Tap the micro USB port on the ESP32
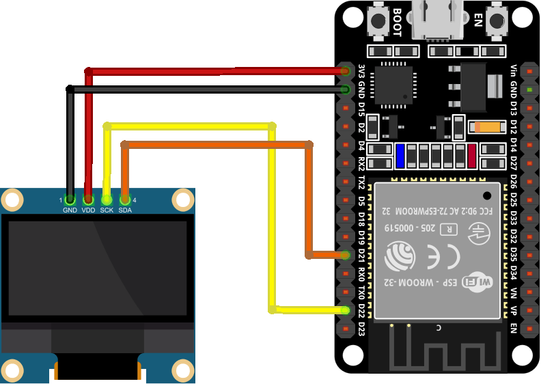pos(437,18)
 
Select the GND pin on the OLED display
pos(70,199)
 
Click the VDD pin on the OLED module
pos(88,199)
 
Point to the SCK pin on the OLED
pos(107,199)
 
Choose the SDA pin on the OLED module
pos(125,199)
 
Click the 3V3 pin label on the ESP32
pos(361,71)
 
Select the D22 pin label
pos(361,311)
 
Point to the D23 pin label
pos(361,329)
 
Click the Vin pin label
pos(513,71)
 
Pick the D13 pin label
pos(513,108)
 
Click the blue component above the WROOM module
pos(400,156)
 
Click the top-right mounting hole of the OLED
pos(182,199)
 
